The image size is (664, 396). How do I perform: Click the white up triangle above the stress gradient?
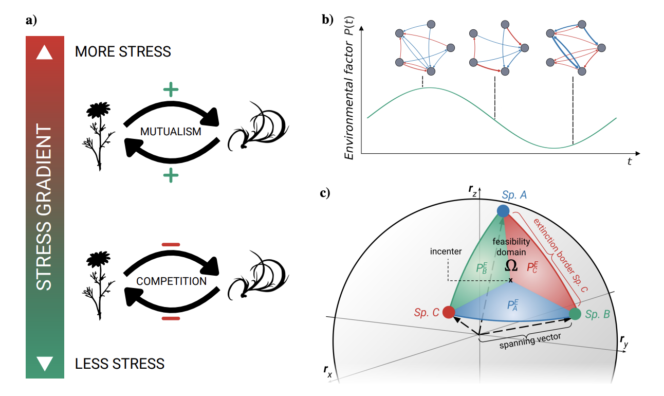[x=45, y=52]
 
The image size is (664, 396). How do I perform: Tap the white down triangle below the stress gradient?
[x=45, y=364]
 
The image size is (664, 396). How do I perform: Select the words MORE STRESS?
[x=123, y=52]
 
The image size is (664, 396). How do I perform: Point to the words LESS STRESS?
[x=120, y=364]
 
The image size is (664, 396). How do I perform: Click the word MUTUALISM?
[x=170, y=132]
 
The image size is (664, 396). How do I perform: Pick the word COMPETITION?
[x=172, y=281]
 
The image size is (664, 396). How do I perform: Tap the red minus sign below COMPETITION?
[x=171, y=319]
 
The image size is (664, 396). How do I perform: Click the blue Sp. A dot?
[x=503, y=210]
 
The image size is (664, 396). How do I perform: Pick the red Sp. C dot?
[x=448, y=312]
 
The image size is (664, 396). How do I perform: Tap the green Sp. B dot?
[x=575, y=313]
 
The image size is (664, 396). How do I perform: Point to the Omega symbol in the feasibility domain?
[x=511, y=265]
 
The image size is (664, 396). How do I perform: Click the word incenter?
[x=446, y=252]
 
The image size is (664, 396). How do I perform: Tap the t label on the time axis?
[x=629, y=161]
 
